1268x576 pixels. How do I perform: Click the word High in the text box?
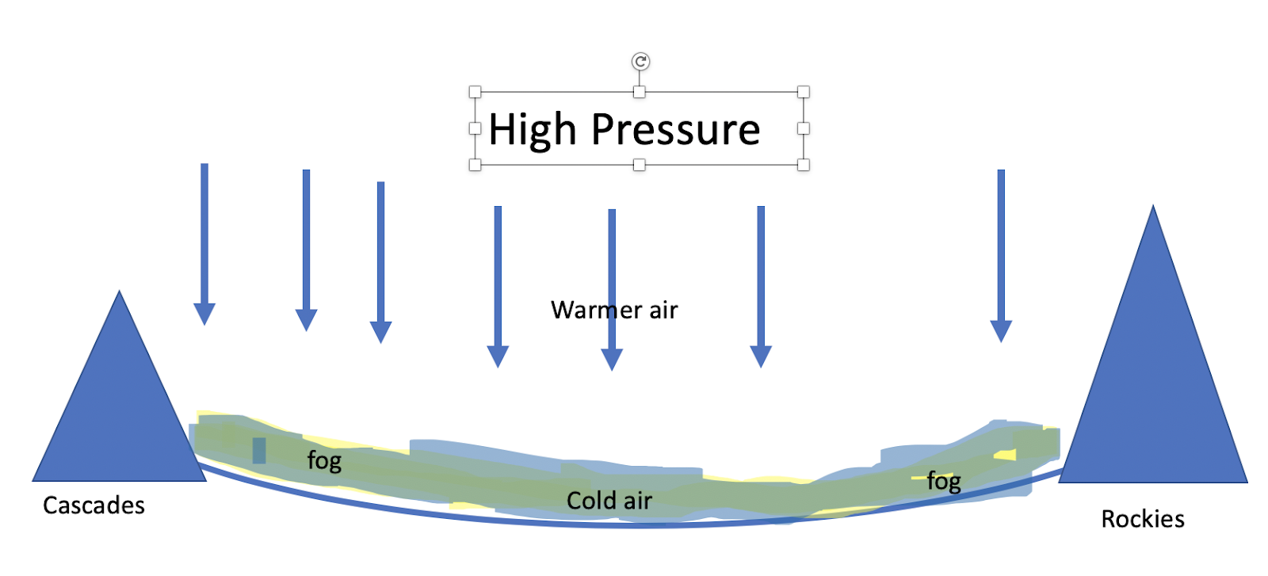(x=532, y=130)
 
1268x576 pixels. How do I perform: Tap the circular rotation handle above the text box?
(x=640, y=61)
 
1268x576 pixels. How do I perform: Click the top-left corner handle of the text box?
(x=475, y=92)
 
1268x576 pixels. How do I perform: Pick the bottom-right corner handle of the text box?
(x=803, y=165)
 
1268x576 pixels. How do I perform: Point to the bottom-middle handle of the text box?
(x=640, y=165)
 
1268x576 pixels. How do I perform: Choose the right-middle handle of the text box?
(x=803, y=128)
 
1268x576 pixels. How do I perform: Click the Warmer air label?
(x=614, y=310)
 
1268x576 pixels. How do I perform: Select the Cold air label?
(x=609, y=501)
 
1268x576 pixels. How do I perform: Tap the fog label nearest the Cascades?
(x=324, y=460)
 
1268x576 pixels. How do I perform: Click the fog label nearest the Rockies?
(x=944, y=481)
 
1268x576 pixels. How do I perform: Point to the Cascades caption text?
(x=94, y=505)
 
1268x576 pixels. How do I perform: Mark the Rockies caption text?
(x=1143, y=519)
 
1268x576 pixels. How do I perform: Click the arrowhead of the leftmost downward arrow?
(x=204, y=315)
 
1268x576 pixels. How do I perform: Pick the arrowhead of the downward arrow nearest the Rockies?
(x=1001, y=331)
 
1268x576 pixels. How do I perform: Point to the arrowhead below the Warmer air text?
(x=612, y=360)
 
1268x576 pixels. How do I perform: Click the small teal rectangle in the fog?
(x=259, y=450)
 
